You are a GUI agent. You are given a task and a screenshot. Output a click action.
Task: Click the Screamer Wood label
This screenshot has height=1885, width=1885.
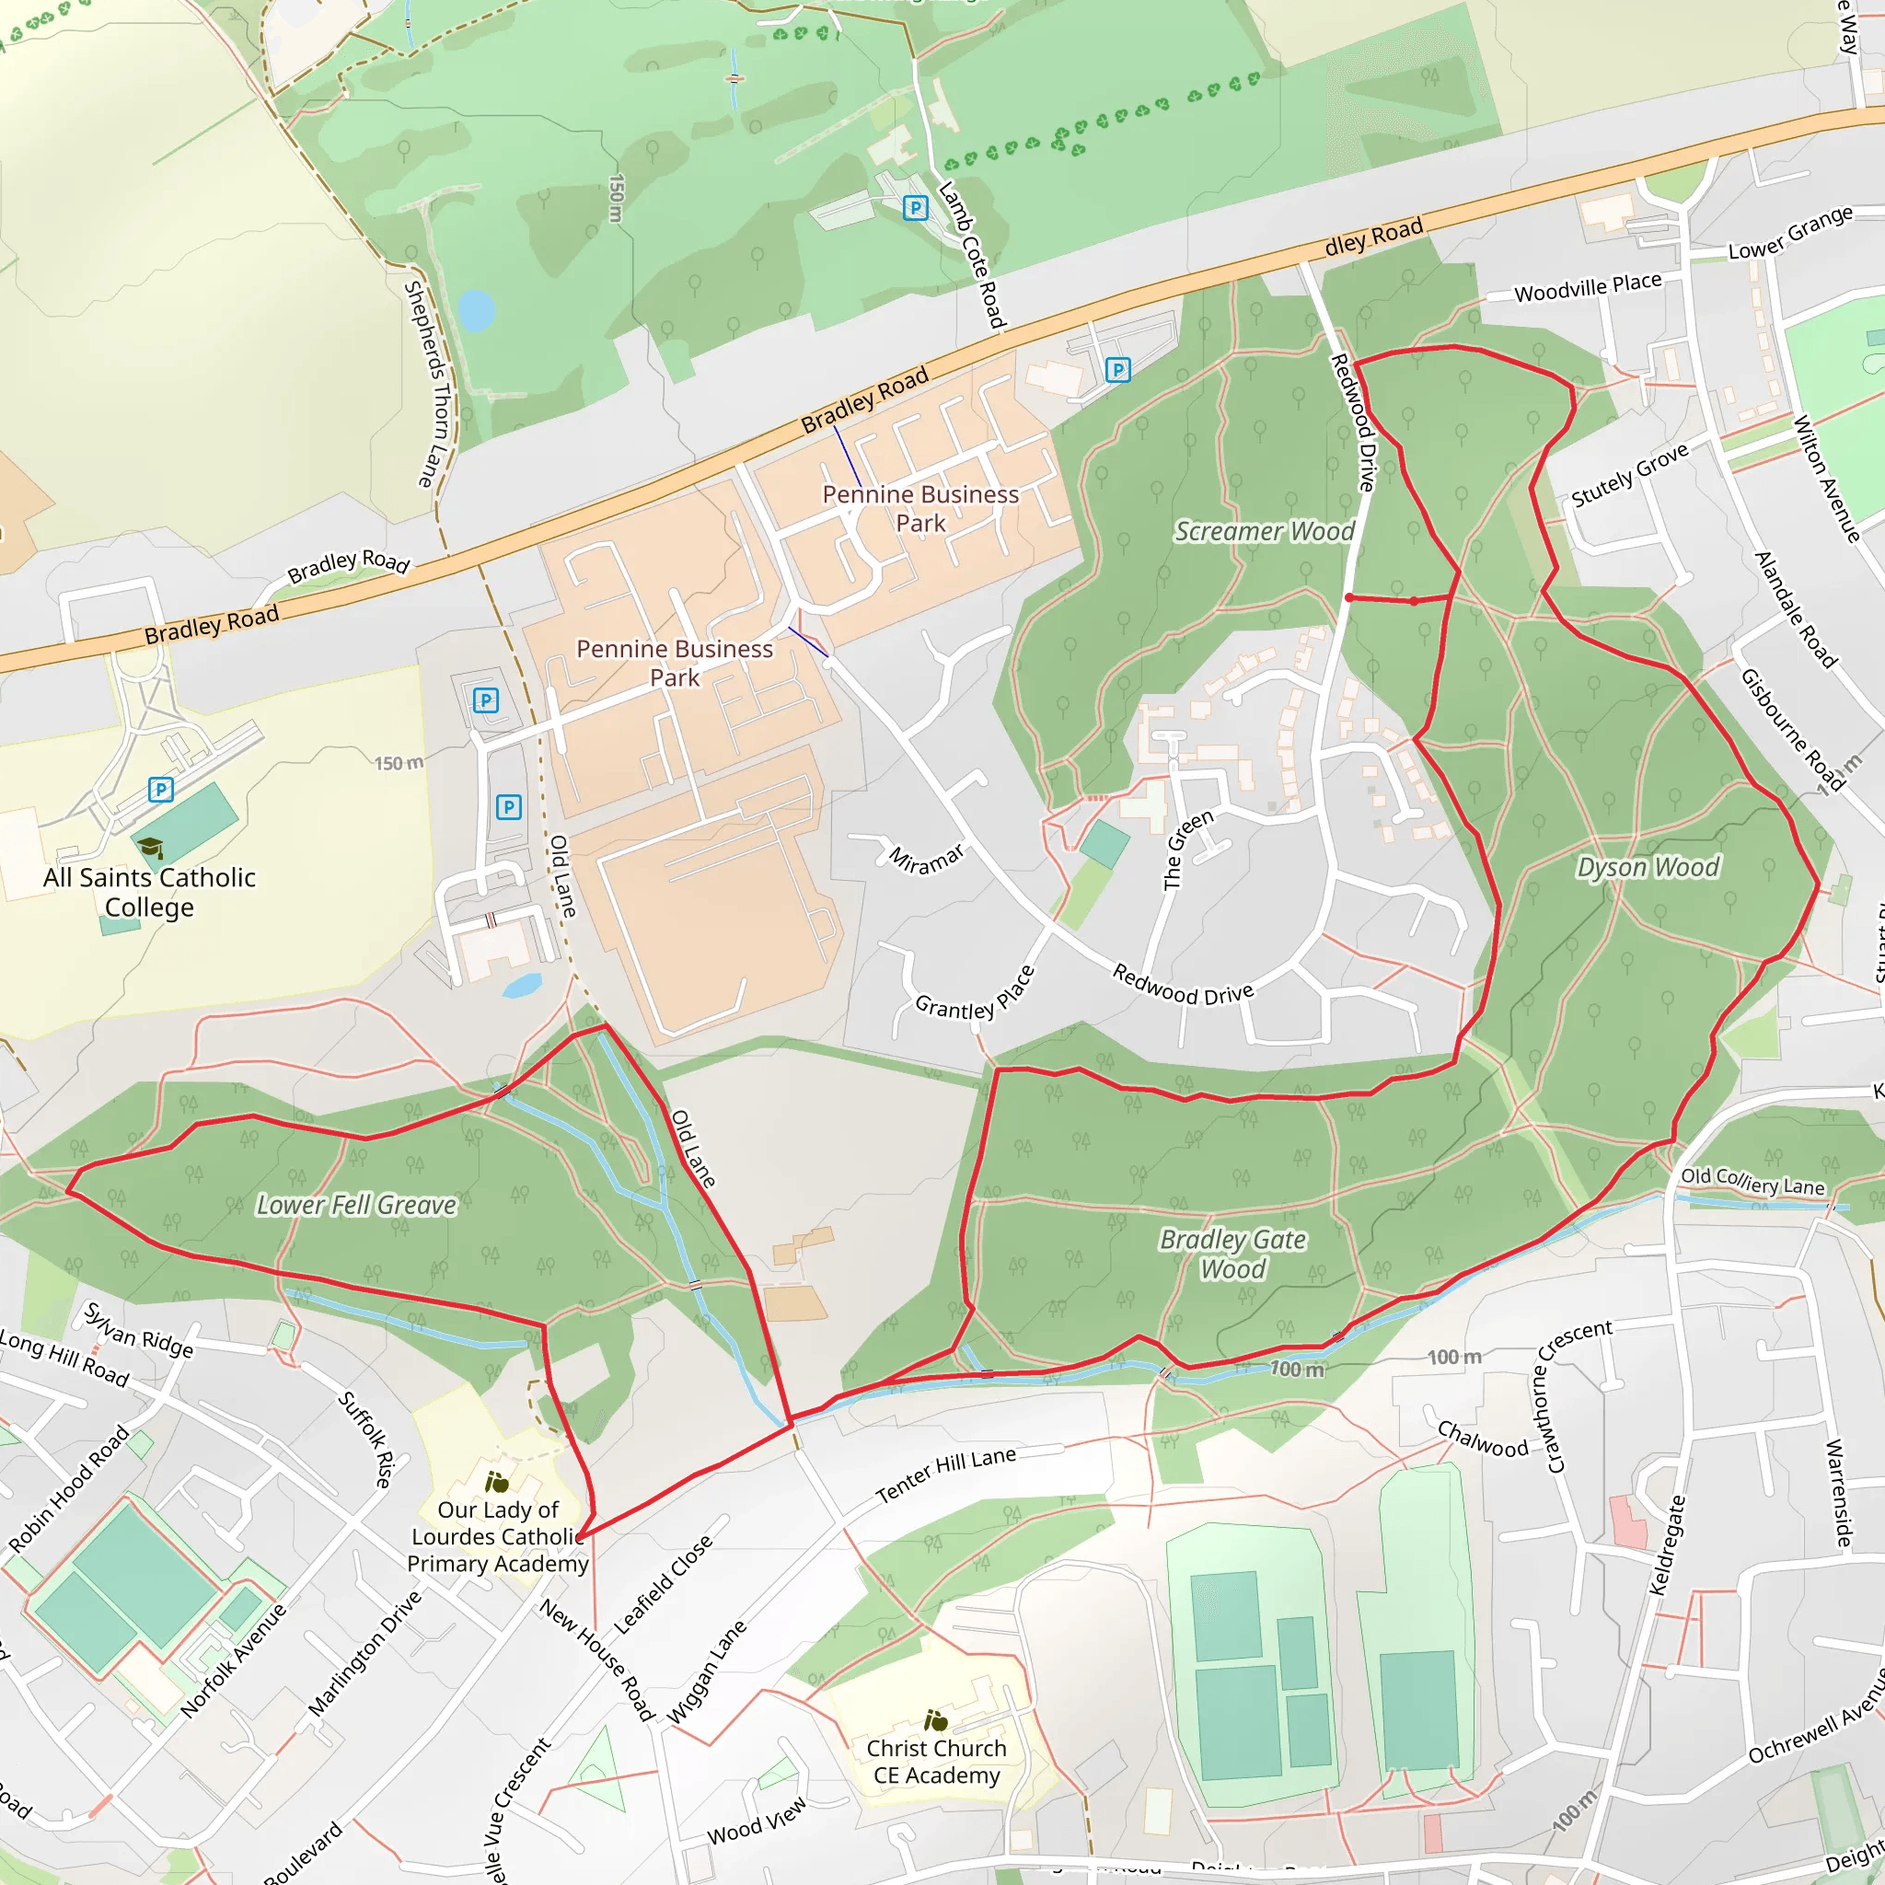1264,532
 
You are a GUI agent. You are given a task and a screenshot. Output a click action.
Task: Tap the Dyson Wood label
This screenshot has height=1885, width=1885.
1648,867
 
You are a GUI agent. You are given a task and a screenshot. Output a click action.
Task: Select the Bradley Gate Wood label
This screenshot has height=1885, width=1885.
1232,1254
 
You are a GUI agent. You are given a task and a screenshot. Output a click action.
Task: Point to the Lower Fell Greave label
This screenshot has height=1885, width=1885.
356,1205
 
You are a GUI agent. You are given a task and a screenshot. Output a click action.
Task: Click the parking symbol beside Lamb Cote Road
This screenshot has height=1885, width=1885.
915,208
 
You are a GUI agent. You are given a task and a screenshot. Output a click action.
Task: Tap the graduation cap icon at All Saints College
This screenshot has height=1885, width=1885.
150,847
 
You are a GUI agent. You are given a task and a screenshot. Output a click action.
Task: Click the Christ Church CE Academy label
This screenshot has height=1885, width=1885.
936,1761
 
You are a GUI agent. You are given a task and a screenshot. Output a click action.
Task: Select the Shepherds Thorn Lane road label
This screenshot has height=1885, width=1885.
426,384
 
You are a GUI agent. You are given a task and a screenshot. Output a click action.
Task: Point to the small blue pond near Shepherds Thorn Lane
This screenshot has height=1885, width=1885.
476,310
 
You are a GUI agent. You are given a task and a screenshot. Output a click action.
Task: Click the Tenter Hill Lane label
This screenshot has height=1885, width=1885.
945,1474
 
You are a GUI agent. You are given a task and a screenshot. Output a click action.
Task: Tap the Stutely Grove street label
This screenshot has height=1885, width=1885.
1629,475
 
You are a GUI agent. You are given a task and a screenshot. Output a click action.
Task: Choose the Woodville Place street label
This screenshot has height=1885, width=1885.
1588,288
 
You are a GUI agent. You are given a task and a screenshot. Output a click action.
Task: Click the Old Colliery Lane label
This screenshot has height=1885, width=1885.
1752,1182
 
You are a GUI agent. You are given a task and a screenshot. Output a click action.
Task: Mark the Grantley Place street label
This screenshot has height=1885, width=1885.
974,994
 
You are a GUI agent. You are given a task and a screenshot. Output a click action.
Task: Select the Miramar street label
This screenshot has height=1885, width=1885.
926,859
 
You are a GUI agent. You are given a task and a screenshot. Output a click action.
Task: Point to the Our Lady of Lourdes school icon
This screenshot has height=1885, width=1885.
497,1483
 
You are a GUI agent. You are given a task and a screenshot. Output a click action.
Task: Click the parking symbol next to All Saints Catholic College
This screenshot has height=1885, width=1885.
161,790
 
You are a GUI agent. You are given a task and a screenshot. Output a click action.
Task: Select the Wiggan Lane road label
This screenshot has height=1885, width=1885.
706,1672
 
